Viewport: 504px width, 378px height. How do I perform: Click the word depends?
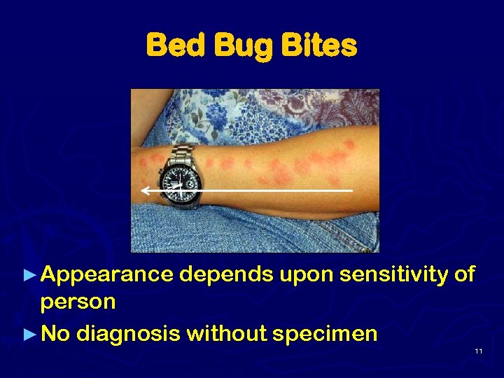(x=226, y=274)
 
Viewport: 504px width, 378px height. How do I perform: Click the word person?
(x=78, y=303)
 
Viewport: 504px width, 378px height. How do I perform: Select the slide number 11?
(x=478, y=351)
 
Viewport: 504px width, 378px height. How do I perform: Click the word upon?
(x=307, y=274)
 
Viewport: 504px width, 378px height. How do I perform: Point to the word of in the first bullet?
(x=464, y=274)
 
